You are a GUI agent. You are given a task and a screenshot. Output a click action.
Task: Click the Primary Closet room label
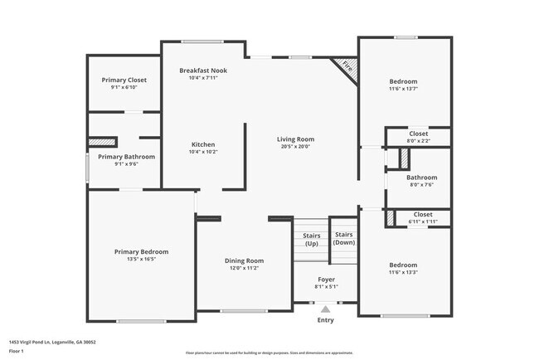click(x=124, y=80)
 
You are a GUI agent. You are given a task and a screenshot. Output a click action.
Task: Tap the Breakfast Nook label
click(x=203, y=71)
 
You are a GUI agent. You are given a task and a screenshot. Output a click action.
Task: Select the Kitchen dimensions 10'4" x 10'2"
click(x=203, y=152)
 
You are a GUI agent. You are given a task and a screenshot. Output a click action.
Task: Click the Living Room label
click(x=295, y=139)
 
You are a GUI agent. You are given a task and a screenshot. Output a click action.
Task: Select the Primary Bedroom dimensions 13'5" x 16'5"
click(x=141, y=259)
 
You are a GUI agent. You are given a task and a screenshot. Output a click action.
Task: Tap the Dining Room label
click(x=245, y=261)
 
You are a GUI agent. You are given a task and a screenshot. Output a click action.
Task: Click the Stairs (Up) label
click(x=311, y=239)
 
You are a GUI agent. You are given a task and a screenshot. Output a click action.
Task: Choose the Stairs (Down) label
click(x=343, y=239)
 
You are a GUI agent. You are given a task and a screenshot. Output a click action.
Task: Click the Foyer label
click(x=326, y=280)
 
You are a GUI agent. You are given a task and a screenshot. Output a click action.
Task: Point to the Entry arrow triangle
click(x=325, y=309)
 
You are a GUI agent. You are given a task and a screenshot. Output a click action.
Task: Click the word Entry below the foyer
click(x=325, y=320)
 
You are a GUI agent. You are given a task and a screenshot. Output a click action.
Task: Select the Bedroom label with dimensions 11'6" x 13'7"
click(x=404, y=81)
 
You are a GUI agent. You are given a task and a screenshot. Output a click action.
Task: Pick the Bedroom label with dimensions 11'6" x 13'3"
click(x=404, y=265)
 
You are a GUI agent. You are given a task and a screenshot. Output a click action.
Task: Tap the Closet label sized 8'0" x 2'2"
click(x=419, y=134)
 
